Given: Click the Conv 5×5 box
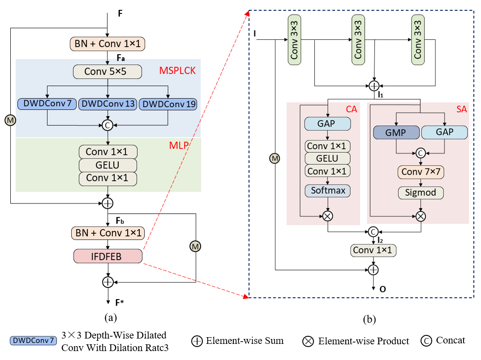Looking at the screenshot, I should [x=107, y=72].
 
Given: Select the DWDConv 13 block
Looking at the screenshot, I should [x=107, y=104].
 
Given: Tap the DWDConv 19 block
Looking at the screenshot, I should [x=168, y=104].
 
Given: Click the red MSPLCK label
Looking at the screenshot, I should [x=177, y=71].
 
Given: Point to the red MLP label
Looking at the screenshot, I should [x=178, y=146].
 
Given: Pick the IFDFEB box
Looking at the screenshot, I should [x=107, y=256].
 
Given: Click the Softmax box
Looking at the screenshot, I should [x=328, y=191].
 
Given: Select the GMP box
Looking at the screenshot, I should [x=396, y=133].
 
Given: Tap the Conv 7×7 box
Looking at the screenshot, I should [x=420, y=172].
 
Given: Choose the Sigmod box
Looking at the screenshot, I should [x=420, y=193].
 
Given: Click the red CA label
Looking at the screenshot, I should [x=351, y=109].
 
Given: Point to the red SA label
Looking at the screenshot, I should [x=461, y=109].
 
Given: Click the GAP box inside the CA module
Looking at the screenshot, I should [x=327, y=124].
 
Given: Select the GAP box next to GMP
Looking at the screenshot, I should [x=444, y=132].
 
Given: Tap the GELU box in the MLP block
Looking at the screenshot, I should [x=107, y=165].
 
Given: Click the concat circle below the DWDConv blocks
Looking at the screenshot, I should [x=107, y=125].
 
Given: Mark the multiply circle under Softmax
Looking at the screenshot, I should [x=328, y=216].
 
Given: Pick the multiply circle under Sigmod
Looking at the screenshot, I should [x=420, y=217].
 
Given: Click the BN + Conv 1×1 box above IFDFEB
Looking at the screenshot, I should [x=107, y=233].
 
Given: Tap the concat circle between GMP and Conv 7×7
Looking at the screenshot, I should [x=420, y=153].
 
